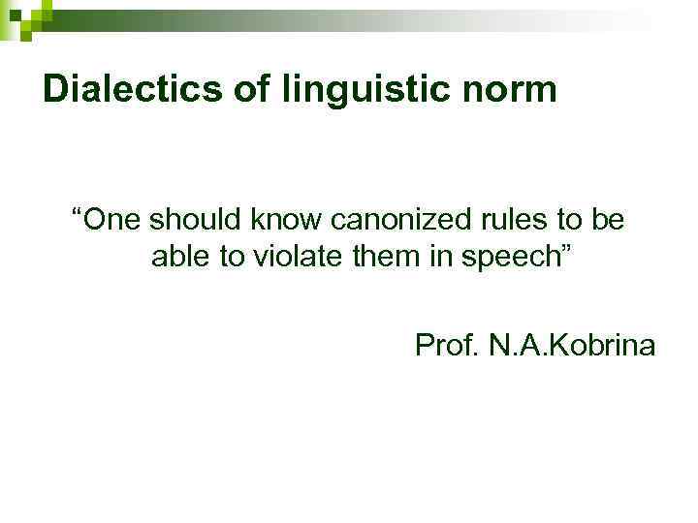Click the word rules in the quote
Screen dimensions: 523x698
(500, 221)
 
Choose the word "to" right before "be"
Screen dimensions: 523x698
(560, 221)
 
